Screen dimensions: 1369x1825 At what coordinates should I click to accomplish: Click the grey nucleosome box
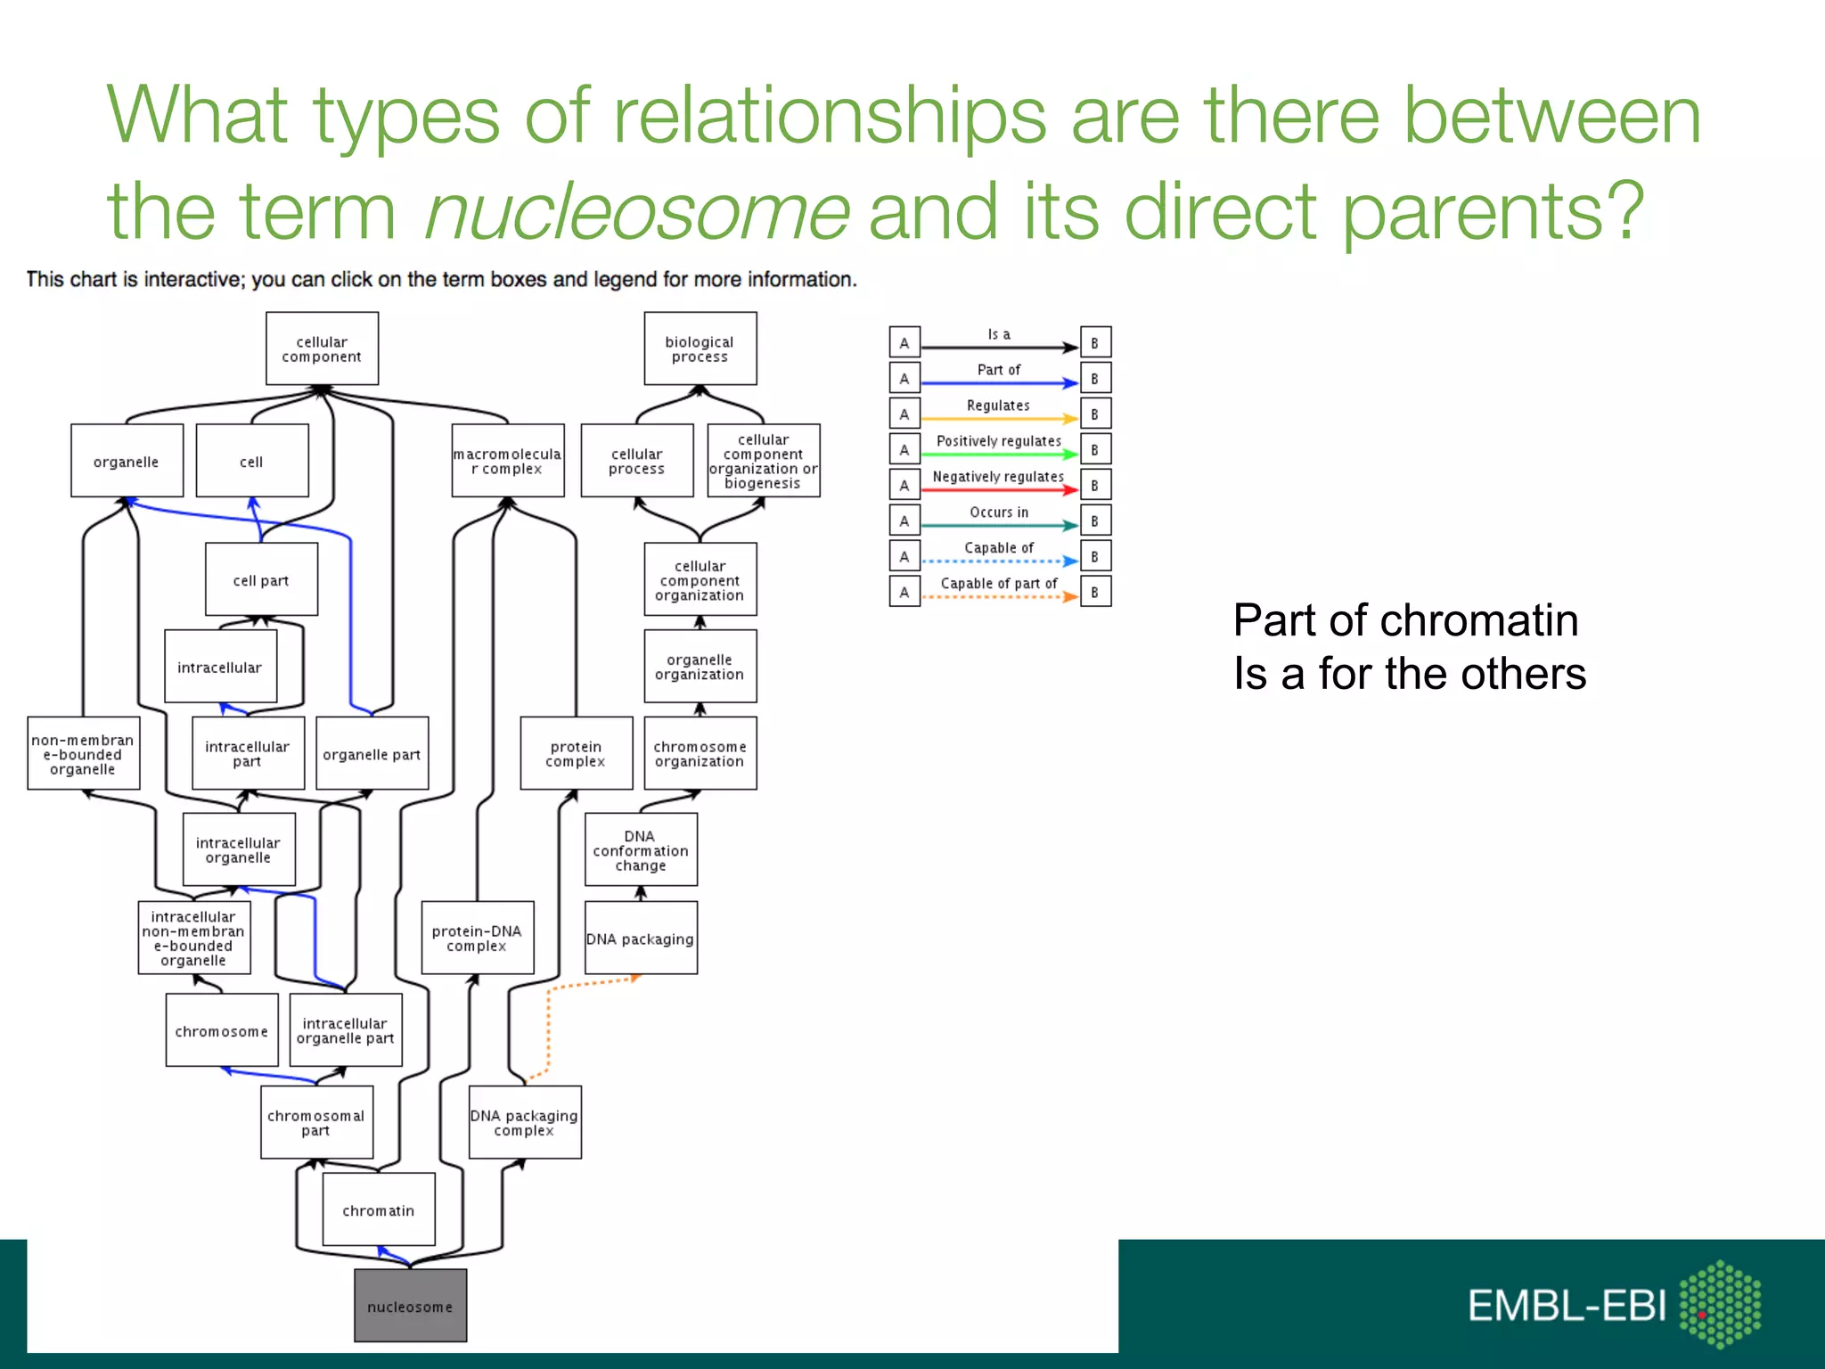[x=410, y=1306]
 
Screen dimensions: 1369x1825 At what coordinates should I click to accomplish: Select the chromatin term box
[x=378, y=1209]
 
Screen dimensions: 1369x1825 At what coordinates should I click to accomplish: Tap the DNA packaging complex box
[x=525, y=1122]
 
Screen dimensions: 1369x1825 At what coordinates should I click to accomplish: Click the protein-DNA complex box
[x=477, y=938]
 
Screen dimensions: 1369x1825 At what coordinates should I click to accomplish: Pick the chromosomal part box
[x=316, y=1122]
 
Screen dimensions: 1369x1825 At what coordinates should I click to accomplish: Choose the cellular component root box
[x=322, y=348]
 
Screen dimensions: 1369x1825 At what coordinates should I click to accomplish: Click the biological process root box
[x=700, y=348]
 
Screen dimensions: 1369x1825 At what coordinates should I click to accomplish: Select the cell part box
[x=261, y=579]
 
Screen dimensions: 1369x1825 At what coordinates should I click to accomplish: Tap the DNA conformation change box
[x=641, y=849]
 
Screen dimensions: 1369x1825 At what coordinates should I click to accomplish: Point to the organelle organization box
[x=700, y=667]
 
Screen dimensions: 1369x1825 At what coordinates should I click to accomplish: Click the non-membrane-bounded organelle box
[x=83, y=753]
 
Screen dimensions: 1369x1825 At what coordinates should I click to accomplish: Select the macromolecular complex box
[x=507, y=461]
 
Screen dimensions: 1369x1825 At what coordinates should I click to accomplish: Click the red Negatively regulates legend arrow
[x=998, y=489]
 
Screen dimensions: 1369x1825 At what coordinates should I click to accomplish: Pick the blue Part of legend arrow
[x=998, y=383]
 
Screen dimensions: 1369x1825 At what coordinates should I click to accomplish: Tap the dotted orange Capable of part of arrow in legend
[x=998, y=596]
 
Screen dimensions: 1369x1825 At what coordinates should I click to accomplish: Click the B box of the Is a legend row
[x=1095, y=342]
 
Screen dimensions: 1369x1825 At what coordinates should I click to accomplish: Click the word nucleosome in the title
[x=636, y=212]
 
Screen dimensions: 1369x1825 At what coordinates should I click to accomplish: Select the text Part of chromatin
[x=1405, y=620]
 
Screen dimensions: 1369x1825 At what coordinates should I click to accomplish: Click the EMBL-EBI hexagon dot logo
[x=1719, y=1303]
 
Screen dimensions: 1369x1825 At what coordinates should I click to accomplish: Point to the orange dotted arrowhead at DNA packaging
[x=634, y=979]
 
